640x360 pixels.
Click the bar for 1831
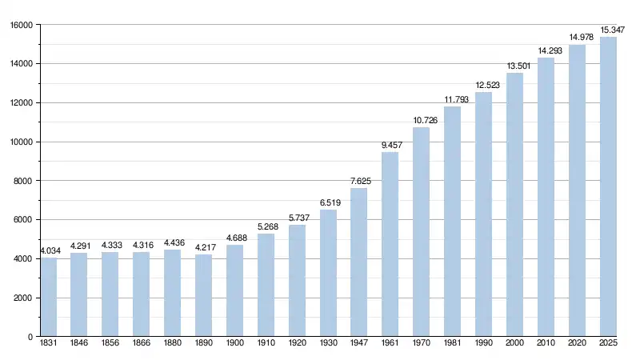[x=48, y=297]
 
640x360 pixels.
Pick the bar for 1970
[x=422, y=232]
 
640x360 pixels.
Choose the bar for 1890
[x=204, y=295]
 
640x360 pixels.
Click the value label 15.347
[x=609, y=29]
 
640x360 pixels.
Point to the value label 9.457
[x=390, y=145]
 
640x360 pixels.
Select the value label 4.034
[x=48, y=250]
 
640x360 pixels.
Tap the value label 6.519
[x=328, y=202]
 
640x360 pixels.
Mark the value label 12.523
[x=484, y=85]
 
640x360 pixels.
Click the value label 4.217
[x=204, y=247]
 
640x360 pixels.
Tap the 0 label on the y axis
[x=29, y=338]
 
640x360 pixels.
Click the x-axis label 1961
[x=390, y=344]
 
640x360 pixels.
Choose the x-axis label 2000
[x=515, y=344]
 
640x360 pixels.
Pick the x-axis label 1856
[x=110, y=344]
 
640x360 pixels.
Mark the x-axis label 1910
[x=266, y=344]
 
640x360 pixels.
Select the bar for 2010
[x=546, y=197]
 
